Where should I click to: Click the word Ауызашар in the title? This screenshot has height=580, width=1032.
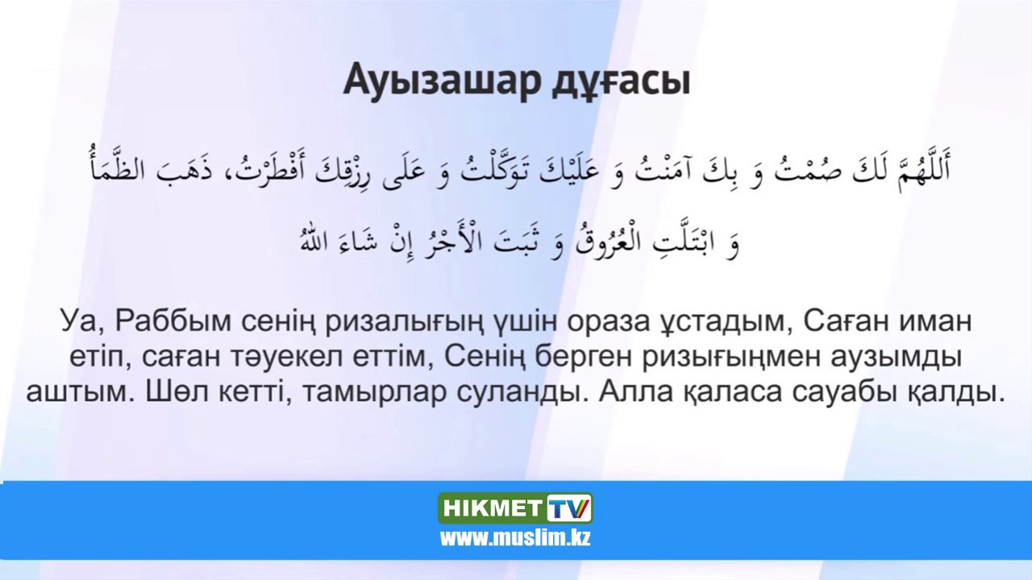point(428,81)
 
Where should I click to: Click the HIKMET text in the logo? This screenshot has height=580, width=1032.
point(492,509)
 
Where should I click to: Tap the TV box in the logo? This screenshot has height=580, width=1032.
point(569,509)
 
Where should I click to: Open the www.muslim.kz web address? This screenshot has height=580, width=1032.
point(515,537)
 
